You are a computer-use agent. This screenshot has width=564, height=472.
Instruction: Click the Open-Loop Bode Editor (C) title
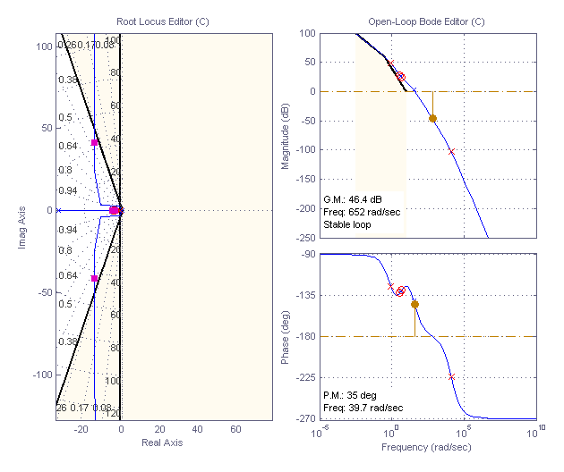click(x=426, y=21)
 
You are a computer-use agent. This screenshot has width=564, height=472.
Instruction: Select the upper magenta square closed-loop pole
click(x=95, y=143)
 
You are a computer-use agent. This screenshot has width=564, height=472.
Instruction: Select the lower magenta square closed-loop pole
click(x=95, y=279)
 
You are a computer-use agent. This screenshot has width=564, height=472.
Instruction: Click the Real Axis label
click(x=163, y=442)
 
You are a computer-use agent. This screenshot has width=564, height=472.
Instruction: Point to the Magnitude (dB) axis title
click(x=286, y=135)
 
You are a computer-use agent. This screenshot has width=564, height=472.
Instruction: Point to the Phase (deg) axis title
click(x=286, y=336)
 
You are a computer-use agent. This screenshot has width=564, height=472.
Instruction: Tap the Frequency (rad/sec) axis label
click(x=426, y=446)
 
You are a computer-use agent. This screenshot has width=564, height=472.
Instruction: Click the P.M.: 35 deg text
click(x=348, y=394)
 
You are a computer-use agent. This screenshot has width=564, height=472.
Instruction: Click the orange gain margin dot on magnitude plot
click(x=433, y=118)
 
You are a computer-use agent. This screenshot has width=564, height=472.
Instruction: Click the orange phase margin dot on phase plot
click(x=414, y=305)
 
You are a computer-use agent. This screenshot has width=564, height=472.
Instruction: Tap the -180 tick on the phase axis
click(x=303, y=337)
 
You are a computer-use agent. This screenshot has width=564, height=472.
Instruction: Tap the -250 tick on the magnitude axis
click(x=303, y=237)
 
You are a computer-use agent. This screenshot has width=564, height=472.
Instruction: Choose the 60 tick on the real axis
click(x=235, y=430)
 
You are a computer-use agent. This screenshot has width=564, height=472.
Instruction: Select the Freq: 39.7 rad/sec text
click(x=363, y=408)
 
